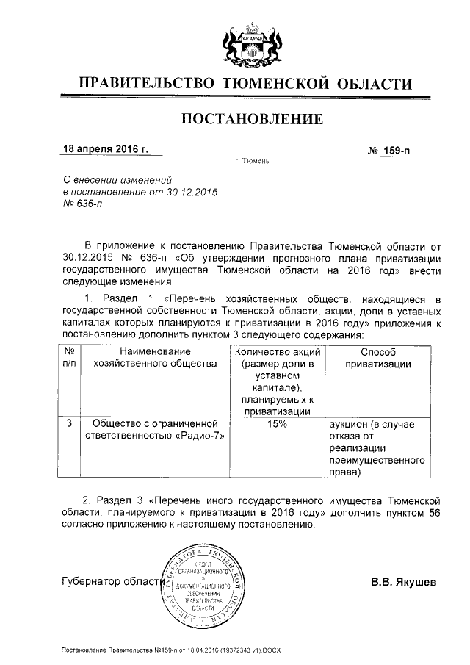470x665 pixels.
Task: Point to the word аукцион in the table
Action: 351,424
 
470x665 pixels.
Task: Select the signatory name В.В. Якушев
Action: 404,583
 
